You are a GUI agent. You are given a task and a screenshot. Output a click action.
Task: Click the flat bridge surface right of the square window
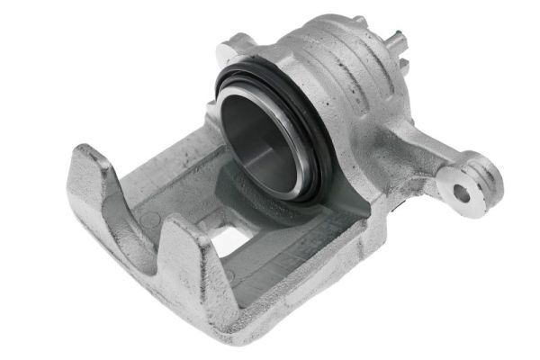297,247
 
